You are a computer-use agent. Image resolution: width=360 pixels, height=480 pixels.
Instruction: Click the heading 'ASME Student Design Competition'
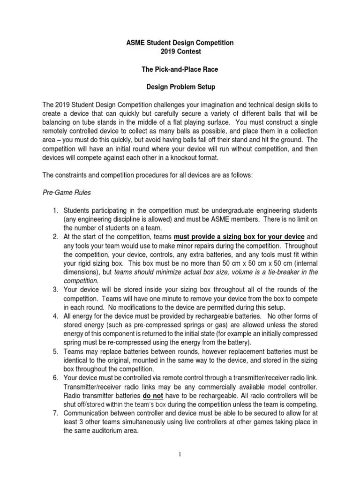point(180,43)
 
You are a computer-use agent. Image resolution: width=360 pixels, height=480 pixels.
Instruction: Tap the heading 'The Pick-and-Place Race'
point(180,70)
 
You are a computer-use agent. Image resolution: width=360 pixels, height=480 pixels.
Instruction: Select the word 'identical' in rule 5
point(79,360)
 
